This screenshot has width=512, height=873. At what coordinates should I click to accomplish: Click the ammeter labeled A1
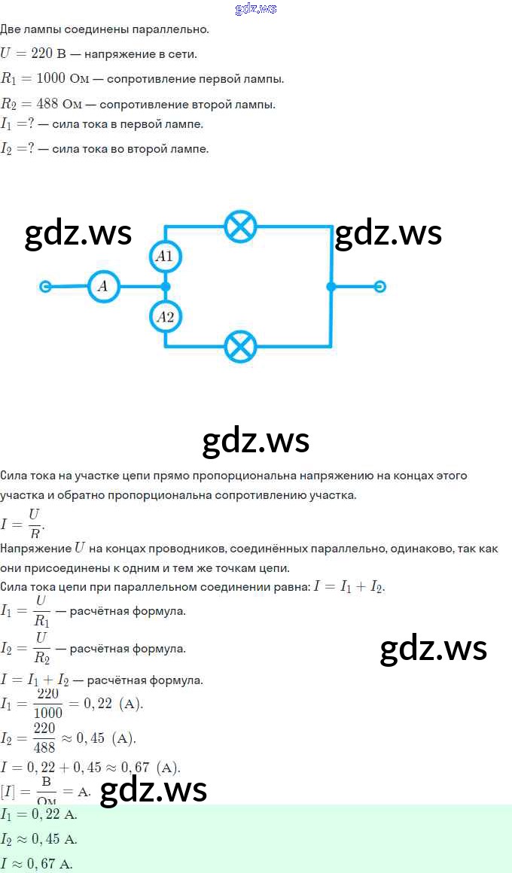pos(165,257)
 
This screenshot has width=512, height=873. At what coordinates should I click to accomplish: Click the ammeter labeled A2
pos(165,317)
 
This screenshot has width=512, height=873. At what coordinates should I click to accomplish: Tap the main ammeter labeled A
pos(104,287)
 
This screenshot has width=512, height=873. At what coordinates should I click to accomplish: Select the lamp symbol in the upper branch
pos(241,227)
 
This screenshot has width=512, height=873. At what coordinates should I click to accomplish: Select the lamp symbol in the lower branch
pos(241,346)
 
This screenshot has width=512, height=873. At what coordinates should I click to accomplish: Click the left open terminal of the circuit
pos(45,287)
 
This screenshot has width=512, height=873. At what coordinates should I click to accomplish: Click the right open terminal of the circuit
pos(380,287)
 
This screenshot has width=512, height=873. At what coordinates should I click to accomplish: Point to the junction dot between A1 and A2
pos(165,287)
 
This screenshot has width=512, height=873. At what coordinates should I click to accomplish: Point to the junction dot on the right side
pos(331,287)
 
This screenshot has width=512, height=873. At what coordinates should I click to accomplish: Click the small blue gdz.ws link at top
pos(256,8)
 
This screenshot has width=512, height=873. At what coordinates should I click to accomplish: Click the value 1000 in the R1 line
pos(50,78)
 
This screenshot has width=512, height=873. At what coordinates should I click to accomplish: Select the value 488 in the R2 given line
pos(47,104)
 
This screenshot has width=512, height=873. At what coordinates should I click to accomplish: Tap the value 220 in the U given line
pos(41,53)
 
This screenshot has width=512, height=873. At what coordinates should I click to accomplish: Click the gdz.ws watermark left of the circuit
pos(78,233)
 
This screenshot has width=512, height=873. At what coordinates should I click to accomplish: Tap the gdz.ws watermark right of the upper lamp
pos(389,233)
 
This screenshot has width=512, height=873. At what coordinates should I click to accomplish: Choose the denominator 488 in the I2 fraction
pos(44,747)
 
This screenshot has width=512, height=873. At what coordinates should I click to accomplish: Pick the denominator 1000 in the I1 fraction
pos(48,712)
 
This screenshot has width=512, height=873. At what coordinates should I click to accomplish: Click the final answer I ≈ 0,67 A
pos(37,863)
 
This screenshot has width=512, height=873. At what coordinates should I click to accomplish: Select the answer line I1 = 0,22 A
pos(39,814)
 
